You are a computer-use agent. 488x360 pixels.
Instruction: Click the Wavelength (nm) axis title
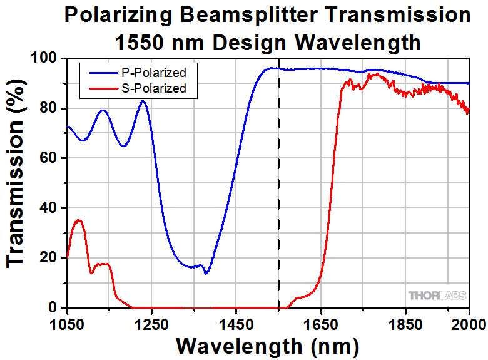pos(268,345)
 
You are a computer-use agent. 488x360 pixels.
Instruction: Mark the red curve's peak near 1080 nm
pos(78,220)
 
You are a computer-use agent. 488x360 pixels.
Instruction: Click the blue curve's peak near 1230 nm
pos(143,101)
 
